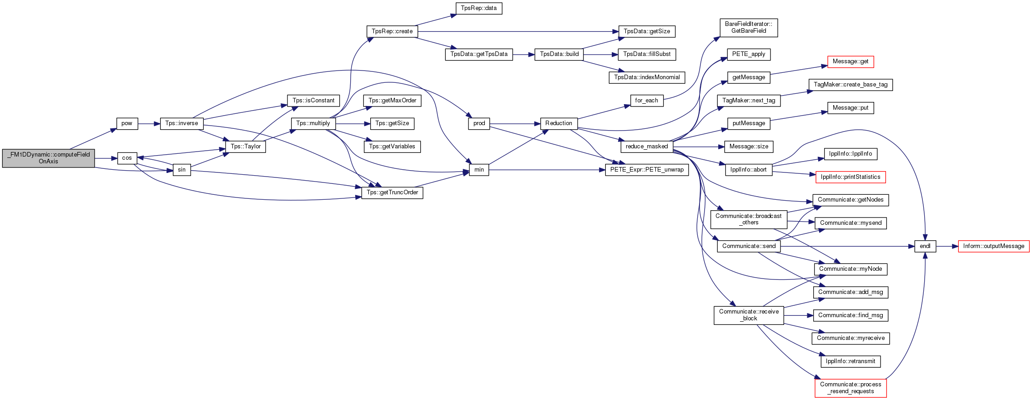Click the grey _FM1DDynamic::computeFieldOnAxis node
point(48,158)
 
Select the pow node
point(127,123)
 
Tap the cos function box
point(127,158)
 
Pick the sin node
point(181,170)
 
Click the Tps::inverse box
point(181,123)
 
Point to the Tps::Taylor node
point(246,147)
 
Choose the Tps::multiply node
point(313,123)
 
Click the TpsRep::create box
point(392,31)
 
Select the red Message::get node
point(850,61)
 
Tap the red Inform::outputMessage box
point(993,246)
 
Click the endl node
point(925,246)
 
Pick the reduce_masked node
point(646,147)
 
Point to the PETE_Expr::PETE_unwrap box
point(647,170)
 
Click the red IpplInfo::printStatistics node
point(851,177)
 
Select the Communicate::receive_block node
point(749,315)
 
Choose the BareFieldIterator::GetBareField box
point(749,28)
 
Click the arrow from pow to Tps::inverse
point(149,123)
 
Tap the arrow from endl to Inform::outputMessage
point(947,246)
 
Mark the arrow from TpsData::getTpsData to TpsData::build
point(524,55)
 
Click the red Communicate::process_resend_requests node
point(851,388)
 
